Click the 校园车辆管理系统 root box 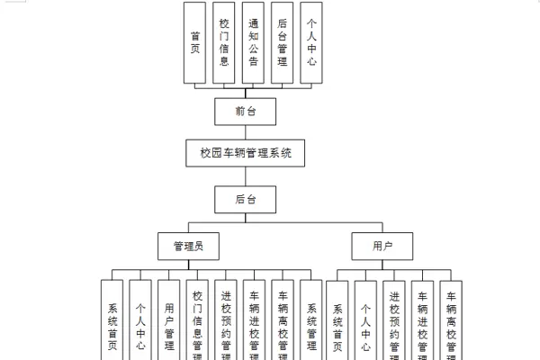pos(246,154)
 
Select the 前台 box pos(246,111)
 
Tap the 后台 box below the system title pos(246,198)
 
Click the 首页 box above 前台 pos(194,43)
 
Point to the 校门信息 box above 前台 pos(224,43)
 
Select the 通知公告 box pos(253,43)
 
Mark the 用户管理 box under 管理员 pos(169,319)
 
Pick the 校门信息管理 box pos(198,319)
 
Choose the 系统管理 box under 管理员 pos(311,319)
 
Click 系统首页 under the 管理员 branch pos(112,319)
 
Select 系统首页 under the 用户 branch pos(337,319)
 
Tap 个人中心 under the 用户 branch pos(365,319)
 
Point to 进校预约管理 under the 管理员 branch pos(226,319)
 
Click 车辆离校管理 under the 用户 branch pos(451,319)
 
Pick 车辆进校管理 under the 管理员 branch pos(255,319)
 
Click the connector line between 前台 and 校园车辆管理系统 pos(246,132)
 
